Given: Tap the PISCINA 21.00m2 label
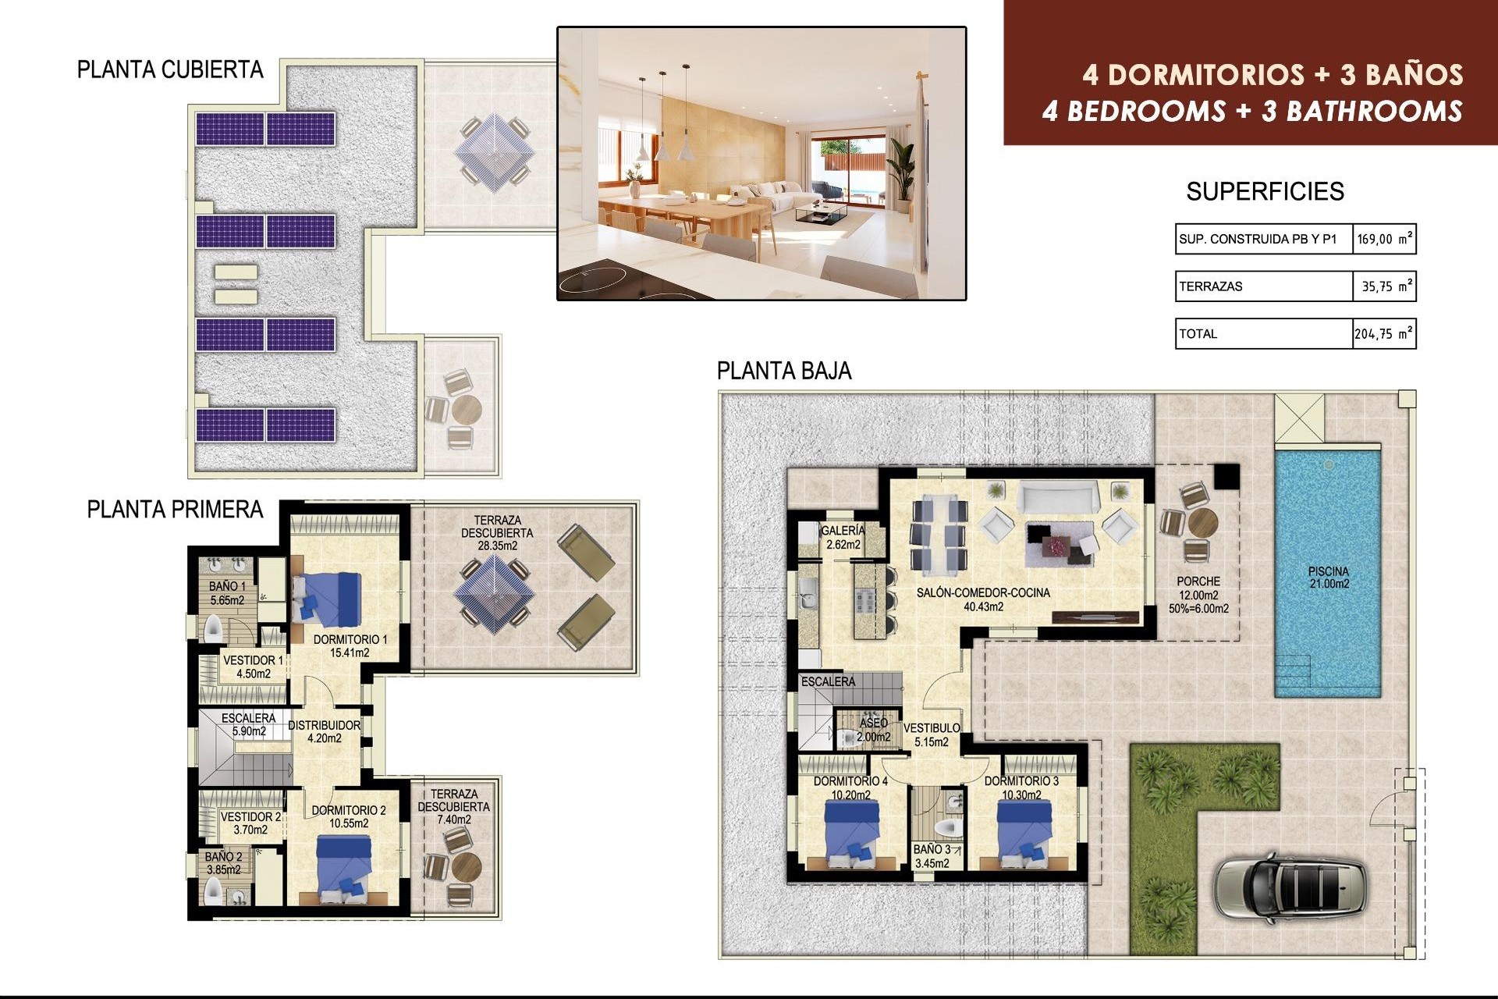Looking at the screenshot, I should [x=1329, y=578].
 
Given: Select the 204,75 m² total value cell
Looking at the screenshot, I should [x=1383, y=334].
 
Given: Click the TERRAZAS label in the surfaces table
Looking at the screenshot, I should [x=1211, y=286].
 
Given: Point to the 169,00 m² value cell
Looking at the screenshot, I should [x=1383, y=240].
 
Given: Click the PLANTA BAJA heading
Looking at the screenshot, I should [x=783, y=371].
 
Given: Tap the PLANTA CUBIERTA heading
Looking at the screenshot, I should [x=170, y=70].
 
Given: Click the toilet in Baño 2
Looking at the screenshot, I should [x=213, y=891].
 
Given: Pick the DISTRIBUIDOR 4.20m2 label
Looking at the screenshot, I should [x=324, y=731].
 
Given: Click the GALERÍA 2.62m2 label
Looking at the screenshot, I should [x=843, y=538].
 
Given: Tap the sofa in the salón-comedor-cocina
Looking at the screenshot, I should [x=1058, y=496].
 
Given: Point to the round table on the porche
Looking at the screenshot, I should [x=1202, y=521].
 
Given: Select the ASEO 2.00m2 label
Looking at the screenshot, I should [x=873, y=730].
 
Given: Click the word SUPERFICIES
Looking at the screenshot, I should [x=1265, y=192].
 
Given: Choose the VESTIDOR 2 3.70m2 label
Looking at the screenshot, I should [x=250, y=823].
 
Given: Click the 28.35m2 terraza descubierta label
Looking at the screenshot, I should [x=497, y=533].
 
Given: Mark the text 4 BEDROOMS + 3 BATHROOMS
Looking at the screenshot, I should [x=1251, y=112].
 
